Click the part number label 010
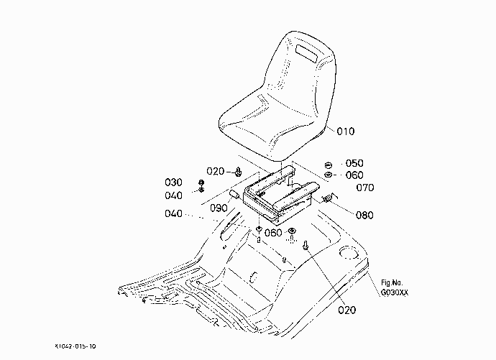click(x=346, y=131)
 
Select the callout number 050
click(x=354, y=163)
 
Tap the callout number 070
click(x=365, y=188)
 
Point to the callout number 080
click(x=364, y=216)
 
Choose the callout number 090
click(x=219, y=208)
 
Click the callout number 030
click(x=173, y=183)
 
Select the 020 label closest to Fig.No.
click(x=346, y=310)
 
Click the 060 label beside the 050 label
click(x=354, y=175)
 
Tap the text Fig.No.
click(x=392, y=282)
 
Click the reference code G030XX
click(x=395, y=292)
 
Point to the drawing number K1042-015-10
click(x=75, y=346)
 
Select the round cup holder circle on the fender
click(x=349, y=252)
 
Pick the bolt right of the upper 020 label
click(x=238, y=172)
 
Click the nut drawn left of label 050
click(x=329, y=165)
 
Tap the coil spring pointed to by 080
click(x=327, y=199)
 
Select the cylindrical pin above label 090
click(x=235, y=195)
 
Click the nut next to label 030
click(x=201, y=183)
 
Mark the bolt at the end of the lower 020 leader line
click(x=306, y=244)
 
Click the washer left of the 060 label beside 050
click(x=329, y=175)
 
